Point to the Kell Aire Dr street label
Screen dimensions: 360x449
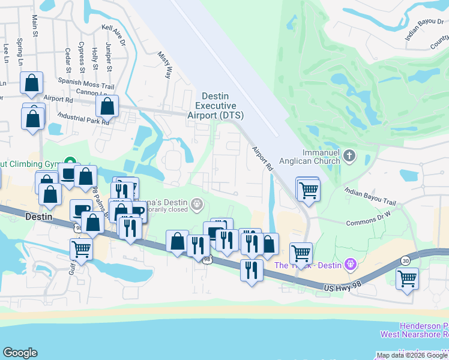coord(113,35)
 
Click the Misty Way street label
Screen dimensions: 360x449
coord(164,64)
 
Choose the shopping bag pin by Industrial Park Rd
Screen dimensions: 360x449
coord(107,108)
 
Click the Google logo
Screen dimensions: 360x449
coord(20,353)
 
